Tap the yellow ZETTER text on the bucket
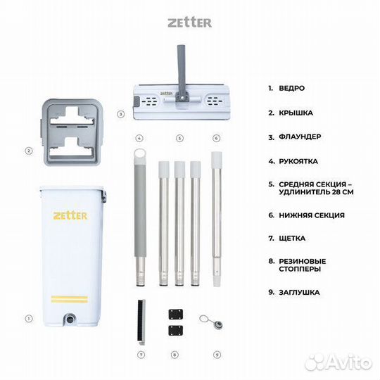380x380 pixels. tap(70, 215)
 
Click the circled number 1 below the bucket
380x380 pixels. tap(29, 318)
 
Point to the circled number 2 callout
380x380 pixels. tap(29, 150)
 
